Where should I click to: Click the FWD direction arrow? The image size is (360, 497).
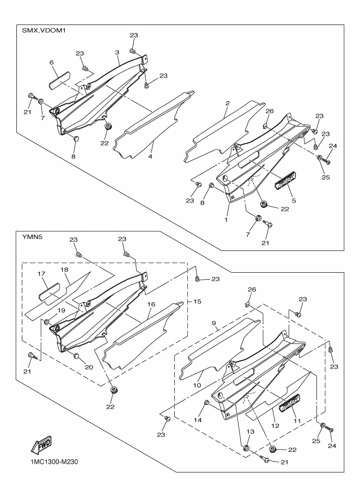tap(41, 445)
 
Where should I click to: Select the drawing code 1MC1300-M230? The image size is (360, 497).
tap(50, 462)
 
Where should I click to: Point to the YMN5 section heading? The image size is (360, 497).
tap(30, 237)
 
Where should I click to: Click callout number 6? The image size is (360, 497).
tap(52, 63)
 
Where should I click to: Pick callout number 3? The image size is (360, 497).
tap(117, 52)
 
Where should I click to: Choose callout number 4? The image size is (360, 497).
tap(150, 157)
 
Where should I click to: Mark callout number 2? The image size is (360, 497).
tap(228, 103)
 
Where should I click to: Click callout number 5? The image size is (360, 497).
tap(294, 200)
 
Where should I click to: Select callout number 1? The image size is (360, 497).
tap(226, 219)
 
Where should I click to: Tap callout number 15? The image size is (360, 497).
tap(197, 301)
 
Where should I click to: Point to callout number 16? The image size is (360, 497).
tap(151, 304)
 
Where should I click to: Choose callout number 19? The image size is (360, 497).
tap(61, 311)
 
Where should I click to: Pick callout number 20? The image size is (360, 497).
tap(89, 367)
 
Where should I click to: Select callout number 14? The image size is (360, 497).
tap(198, 420)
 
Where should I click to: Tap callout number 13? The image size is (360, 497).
tap(250, 432)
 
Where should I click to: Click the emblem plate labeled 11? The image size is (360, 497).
tap(290, 403)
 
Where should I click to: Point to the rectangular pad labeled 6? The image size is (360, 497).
tap(59, 81)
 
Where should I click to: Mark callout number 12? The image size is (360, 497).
tap(276, 426)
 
